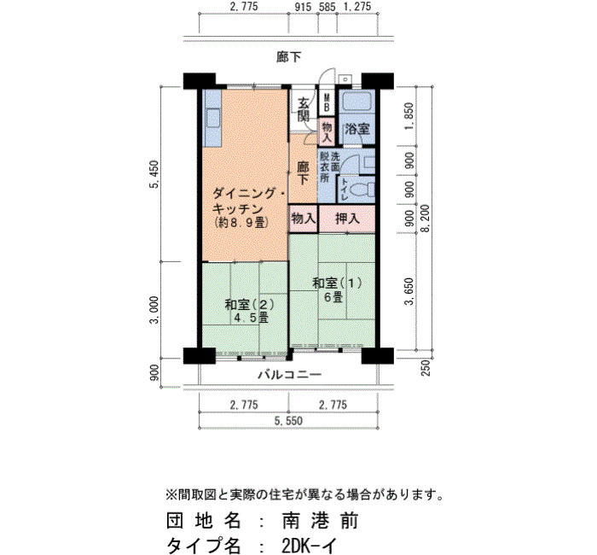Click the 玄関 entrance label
tap(304, 109)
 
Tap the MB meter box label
tap(327, 103)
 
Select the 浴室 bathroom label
tap(356, 129)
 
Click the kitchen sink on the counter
tap(212, 118)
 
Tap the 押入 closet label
tap(347, 219)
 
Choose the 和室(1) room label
tap(337, 283)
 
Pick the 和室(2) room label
tap(249, 305)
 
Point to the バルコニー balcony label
tap(290, 375)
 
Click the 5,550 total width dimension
tap(289, 420)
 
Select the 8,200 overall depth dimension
tap(426, 218)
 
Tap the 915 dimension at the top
tap(303, 7)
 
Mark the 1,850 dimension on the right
tap(409, 116)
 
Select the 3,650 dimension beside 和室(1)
tap(409, 292)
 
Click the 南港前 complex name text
tap(320, 521)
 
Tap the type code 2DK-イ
tap(309, 546)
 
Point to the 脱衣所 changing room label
tap(324, 166)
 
